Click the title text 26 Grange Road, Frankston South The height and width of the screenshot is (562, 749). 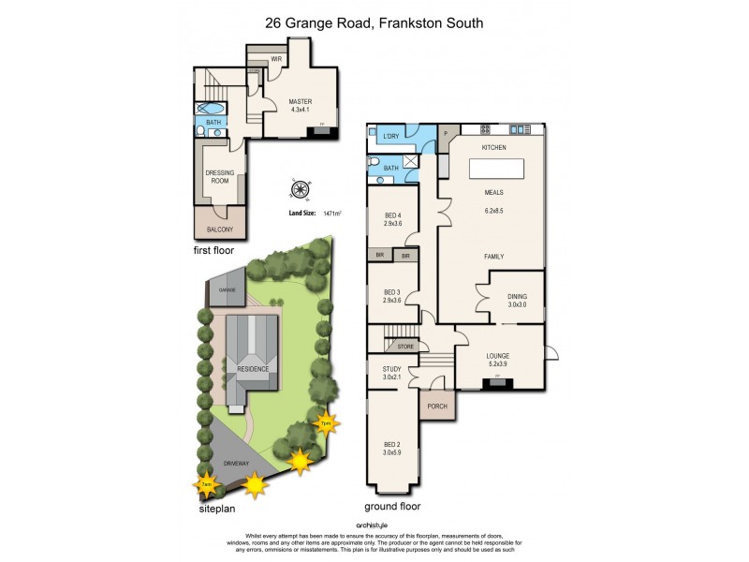(x=374, y=22)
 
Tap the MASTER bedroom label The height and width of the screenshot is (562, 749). (x=300, y=102)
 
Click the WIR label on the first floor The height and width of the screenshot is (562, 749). (x=277, y=59)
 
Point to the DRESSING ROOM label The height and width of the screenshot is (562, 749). (x=218, y=176)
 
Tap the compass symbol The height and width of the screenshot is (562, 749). (x=301, y=189)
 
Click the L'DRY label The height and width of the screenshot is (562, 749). (x=391, y=137)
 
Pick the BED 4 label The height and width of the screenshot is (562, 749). (x=392, y=219)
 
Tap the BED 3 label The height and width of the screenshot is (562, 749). (x=392, y=296)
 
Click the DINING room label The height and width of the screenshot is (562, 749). (x=518, y=301)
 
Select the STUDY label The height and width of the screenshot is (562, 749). (x=392, y=374)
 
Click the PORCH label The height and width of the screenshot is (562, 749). (x=436, y=407)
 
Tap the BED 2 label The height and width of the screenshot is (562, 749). (x=392, y=451)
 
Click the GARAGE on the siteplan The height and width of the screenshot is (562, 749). (x=228, y=288)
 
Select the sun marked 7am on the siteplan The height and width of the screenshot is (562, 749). (x=206, y=484)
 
